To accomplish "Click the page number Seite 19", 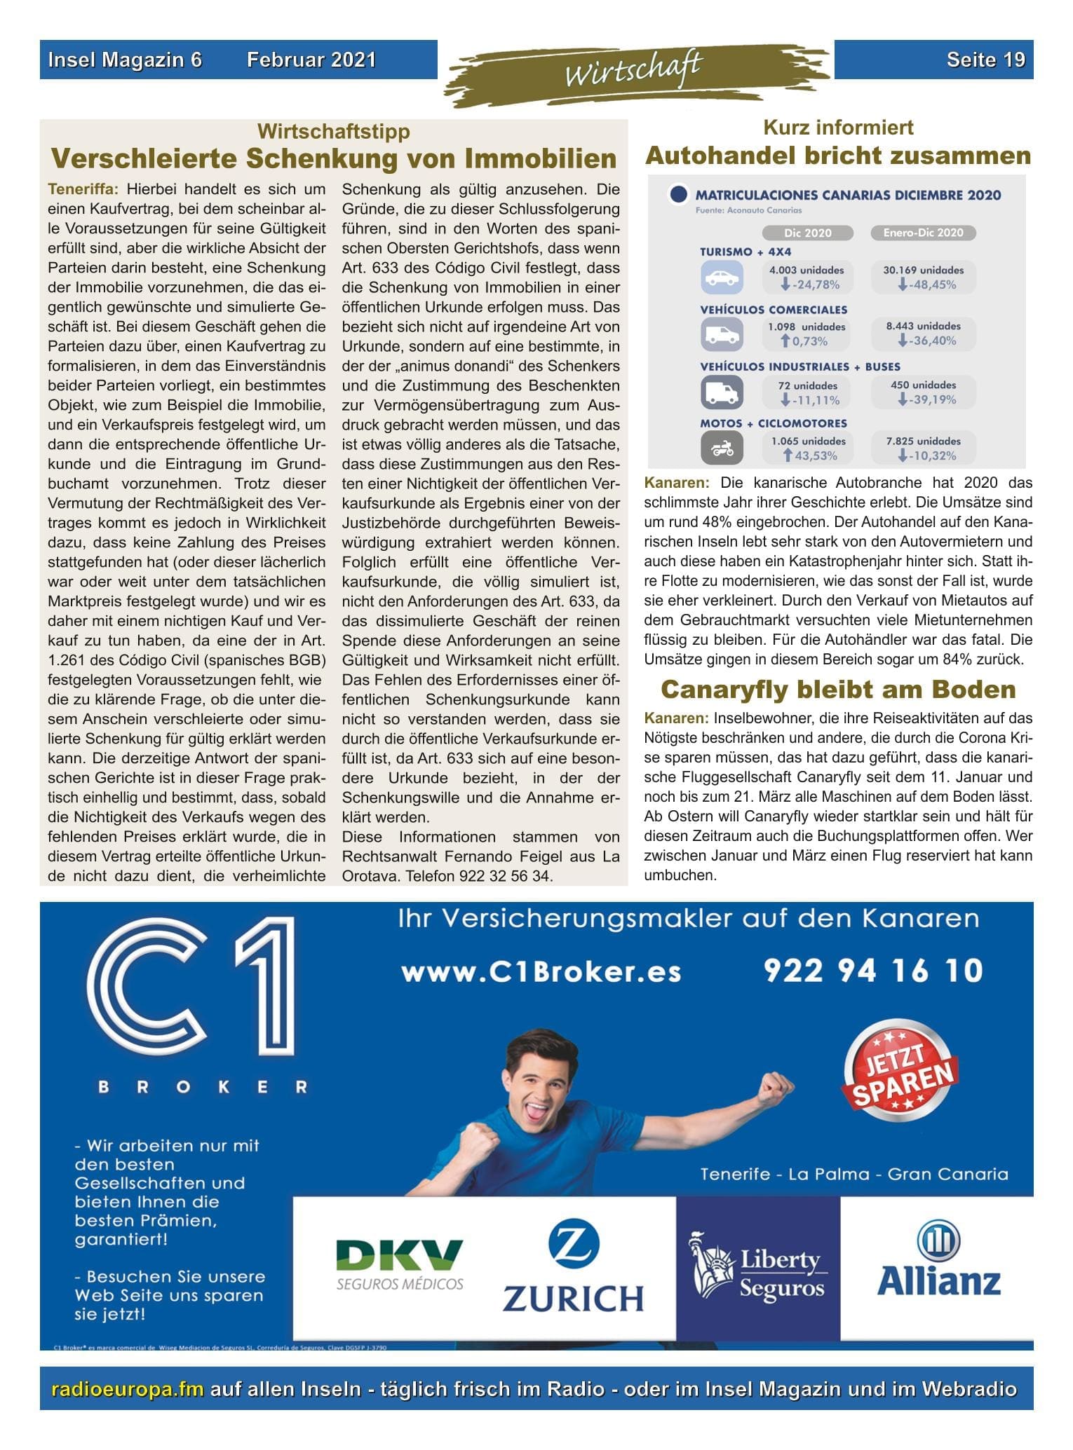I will coord(985,60).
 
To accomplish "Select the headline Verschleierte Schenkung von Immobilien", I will coord(334,159).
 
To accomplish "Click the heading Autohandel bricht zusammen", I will coord(838,156).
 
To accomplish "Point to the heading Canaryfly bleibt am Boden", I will coord(838,690).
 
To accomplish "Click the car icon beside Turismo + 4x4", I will coord(722,278).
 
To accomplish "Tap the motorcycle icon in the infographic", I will coord(722,449).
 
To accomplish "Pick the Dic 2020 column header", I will coord(807,233).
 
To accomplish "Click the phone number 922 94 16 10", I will coord(872,971).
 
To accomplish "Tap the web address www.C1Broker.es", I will coord(541,973).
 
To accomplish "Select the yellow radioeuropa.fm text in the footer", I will coord(128,1390).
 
